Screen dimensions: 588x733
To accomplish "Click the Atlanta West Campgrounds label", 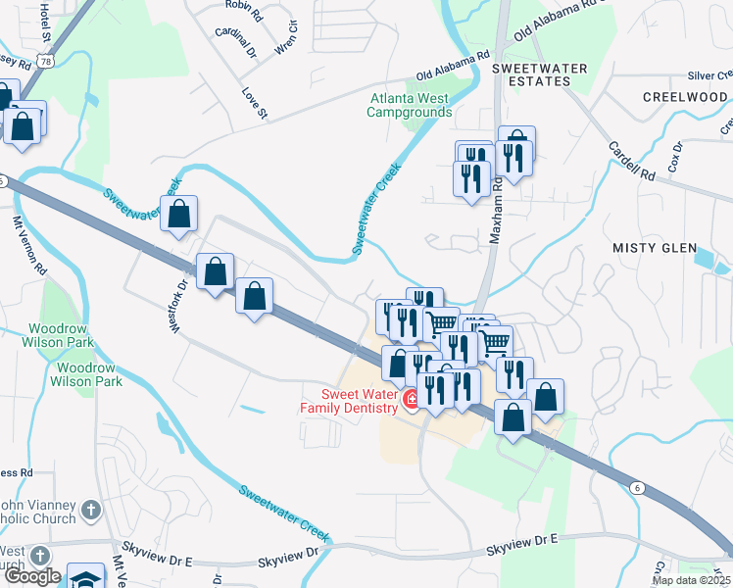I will tap(408, 105).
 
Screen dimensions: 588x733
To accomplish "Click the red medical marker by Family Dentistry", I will tap(412, 399).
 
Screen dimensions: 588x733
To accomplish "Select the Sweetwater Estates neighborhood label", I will tap(539, 74).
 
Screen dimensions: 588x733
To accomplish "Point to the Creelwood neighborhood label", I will tap(685, 97).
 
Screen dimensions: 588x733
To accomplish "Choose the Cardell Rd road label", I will tap(630, 161).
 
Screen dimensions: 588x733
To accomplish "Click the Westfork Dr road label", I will tap(181, 307).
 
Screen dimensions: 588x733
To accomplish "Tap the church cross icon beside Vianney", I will tap(90, 510).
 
